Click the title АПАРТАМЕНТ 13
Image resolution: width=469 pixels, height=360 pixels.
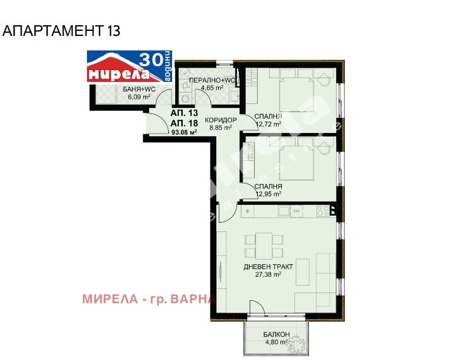62,30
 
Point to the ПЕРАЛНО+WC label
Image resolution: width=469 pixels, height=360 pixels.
212,80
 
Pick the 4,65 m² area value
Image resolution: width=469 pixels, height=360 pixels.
212,88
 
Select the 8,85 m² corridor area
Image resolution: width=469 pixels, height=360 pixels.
221,127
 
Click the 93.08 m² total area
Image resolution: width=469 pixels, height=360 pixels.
184,132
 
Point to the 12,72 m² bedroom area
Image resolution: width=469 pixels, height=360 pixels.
268,124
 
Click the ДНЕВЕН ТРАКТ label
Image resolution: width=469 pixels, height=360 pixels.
269,267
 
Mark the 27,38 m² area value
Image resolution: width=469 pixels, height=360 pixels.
269,274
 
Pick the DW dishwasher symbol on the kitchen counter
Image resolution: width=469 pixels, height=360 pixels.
296,211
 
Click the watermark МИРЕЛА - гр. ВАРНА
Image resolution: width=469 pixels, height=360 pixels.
149,298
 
